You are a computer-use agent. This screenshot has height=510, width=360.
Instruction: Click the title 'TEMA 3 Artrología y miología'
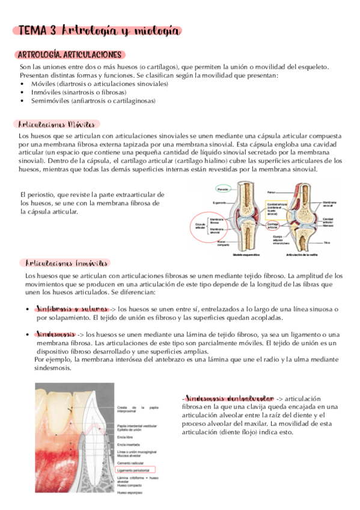(99, 31)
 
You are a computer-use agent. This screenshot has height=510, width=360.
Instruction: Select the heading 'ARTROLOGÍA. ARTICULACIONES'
(72, 55)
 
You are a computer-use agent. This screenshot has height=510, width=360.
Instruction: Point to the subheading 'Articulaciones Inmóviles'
(67, 263)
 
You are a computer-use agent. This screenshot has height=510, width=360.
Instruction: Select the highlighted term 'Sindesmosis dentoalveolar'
(228, 398)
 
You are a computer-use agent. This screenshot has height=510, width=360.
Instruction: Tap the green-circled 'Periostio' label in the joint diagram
(222, 189)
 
